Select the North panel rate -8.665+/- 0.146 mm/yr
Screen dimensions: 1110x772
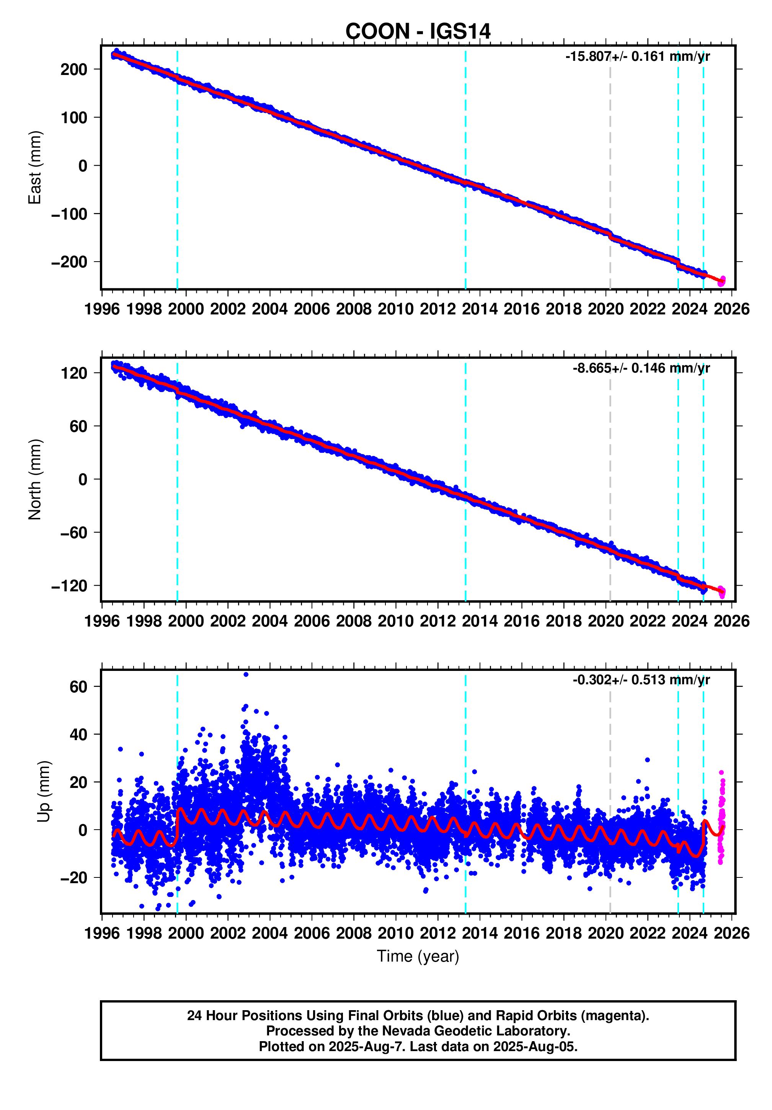tap(641, 368)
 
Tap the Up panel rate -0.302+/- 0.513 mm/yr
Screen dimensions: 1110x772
tap(641, 680)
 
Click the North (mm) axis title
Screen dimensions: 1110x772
tap(35, 479)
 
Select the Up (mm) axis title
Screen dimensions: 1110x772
tap(44, 791)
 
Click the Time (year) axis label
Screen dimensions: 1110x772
tap(418, 956)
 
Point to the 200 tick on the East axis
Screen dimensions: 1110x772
tap(73, 70)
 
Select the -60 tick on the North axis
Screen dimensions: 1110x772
tap(73, 533)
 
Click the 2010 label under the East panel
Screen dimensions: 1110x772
tap(395, 309)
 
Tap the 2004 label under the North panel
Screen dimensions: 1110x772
tap(269, 621)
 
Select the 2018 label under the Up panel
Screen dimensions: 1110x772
tap(563, 933)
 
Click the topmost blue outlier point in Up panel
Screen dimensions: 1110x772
tap(246, 674)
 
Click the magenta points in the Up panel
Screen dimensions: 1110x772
tap(721, 817)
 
